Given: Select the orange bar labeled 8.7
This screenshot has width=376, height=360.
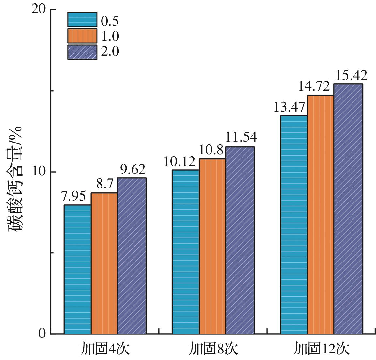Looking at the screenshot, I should pos(104,263).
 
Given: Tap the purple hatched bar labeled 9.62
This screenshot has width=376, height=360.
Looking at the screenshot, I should pos(132,256).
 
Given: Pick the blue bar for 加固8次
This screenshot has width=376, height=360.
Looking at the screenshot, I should pos(186,252).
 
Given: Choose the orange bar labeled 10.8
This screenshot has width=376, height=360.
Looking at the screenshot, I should pos(212,246).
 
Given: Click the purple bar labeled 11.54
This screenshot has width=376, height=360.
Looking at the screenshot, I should pos(240,240).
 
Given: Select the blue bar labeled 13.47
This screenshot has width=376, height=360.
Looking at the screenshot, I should pos(294,225).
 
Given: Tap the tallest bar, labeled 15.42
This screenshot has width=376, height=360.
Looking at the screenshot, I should pos(348,209).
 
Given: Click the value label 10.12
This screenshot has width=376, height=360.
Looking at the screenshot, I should pos(179,162).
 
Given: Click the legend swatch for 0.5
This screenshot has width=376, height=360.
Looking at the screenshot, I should pos(82,20).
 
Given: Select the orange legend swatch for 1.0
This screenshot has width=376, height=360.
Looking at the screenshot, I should pos(82,36).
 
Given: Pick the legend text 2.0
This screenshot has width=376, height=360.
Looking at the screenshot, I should pos(110,52).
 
